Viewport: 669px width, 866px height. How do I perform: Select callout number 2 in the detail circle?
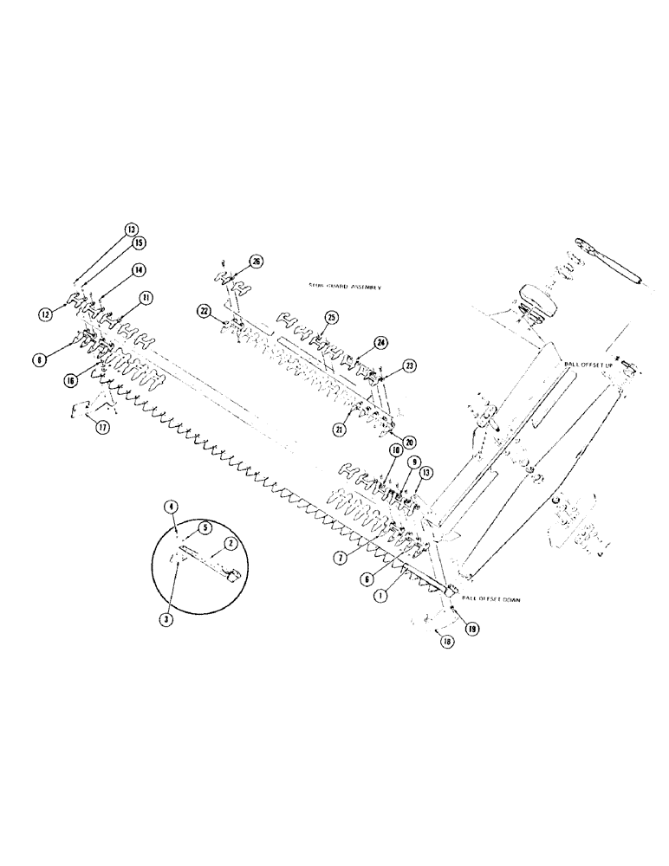click(x=231, y=543)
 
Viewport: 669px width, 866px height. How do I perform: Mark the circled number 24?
click(x=379, y=342)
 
